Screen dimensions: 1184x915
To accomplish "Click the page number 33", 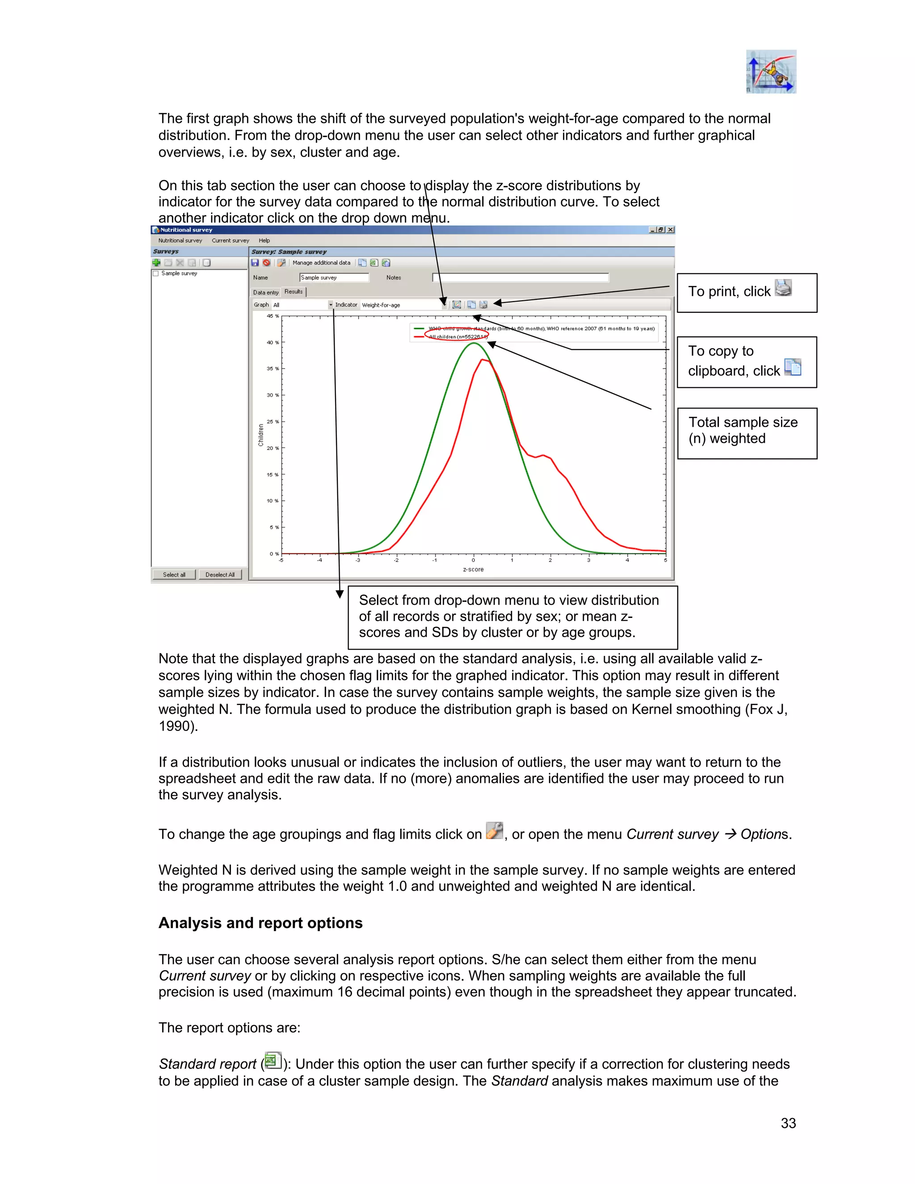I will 788,1123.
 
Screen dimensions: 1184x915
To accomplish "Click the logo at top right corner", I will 771,71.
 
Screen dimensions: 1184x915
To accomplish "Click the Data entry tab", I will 266,292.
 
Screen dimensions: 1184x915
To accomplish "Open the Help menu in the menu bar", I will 264,240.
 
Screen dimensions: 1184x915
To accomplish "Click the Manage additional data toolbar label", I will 321,262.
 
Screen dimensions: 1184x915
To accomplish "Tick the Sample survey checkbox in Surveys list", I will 156,274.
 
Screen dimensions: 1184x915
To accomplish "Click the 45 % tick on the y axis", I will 272,316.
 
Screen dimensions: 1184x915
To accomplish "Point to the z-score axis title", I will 473,569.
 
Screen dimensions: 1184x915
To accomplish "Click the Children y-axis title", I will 261,435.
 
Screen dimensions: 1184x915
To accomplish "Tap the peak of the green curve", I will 474,343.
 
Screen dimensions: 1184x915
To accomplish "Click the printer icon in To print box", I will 783,288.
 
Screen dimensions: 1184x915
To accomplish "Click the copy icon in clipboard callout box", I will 793,367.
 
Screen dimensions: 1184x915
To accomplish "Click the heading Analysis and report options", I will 260,923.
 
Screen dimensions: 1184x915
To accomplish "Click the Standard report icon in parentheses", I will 273,1060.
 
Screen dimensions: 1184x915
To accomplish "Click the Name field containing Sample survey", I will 334,277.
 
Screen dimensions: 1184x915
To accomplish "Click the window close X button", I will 671,230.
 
